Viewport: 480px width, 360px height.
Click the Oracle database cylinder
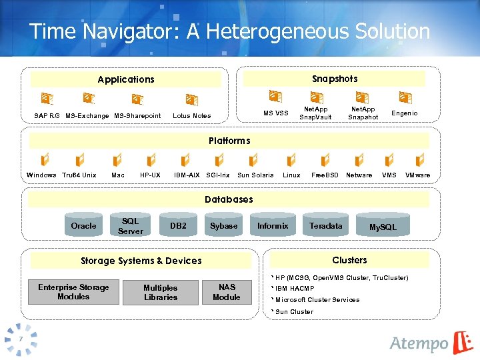(x=84, y=225)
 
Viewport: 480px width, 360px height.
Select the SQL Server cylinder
(x=131, y=225)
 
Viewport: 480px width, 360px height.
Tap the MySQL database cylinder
(x=383, y=227)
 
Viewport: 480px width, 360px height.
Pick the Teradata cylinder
(x=325, y=225)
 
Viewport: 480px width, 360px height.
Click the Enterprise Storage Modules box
(x=73, y=292)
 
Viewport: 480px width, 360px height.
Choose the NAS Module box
(x=226, y=292)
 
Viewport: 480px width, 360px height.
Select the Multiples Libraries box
(x=161, y=292)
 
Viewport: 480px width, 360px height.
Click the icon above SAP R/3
(x=47, y=99)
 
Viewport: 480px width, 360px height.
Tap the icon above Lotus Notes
(x=191, y=99)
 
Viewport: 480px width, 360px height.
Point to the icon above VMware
(x=419, y=160)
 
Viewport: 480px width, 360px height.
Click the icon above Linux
(x=291, y=160)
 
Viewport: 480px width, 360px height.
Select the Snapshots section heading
(x=335, y=79)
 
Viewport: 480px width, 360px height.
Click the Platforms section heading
(x=229, y=141)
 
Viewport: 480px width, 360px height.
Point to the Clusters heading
(x=349, y=260)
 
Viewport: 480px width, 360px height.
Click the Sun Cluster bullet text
(x=294, y=311)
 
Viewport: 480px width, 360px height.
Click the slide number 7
(x=21, y=339)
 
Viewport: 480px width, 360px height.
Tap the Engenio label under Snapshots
(x=404, y=113)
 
